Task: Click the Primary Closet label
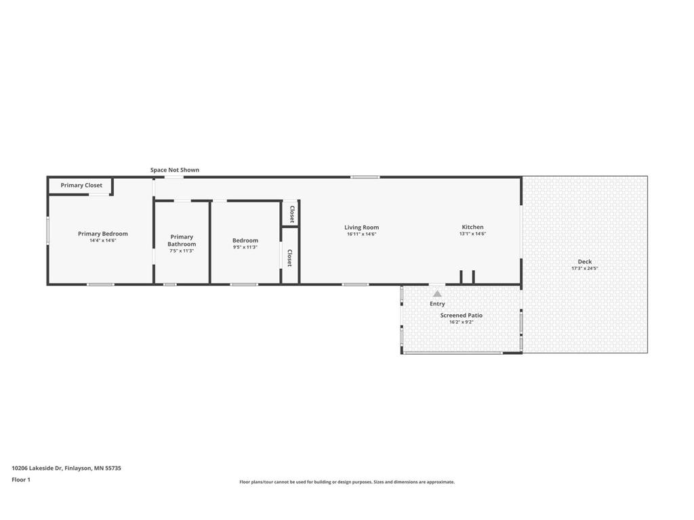pyautogui.click(x=81, y=186)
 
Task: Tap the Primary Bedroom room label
pyautogui.click(x=103, y=234)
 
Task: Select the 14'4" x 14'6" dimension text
pyautogui.click(x=103, y=240)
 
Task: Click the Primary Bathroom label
pyautogui.click(x=182, y=240)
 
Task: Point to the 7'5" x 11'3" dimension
pyautogui.click(x=182, y=251)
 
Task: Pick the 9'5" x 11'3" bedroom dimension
pyautogui.click(x=245, y=247)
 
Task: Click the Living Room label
pyautogui.click(x=362, y=227)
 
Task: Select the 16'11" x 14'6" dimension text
pyautogui.click(x=362, y=234)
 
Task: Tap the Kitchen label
pyautogui.click(x=472, y=227)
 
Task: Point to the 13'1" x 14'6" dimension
pyautogui.click(x=472, y=234)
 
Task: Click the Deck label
pyautogui.click(x=585, y=262)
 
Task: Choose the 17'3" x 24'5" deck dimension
pyautogui.click(x=585, y=268)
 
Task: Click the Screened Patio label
pyautogui.click(x=461, y=316)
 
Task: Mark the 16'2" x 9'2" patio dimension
pyautogui.click(x=461, y=322)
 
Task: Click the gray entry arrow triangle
pyautogui.click(x=437, y=294)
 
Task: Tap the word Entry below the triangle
pyautogui.click(x=437, y=304)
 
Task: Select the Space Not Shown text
pyautogui.click(x=175, y=170)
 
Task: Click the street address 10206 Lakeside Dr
pyautogui.click(x=37, y=468)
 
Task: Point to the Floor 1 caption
pyautogui.click(x=21, y=479)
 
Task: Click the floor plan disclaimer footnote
pyautogui.click(x=347, y=482)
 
